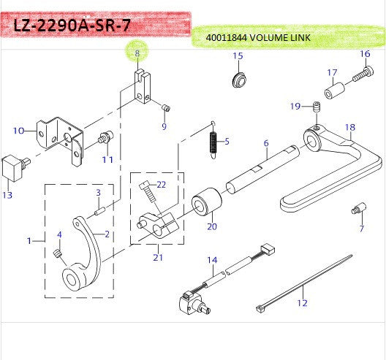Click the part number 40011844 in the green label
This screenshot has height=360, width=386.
pyautogui.click(x=225, y=37)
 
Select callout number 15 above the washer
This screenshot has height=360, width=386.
pyautogui.click(x=238, y=56)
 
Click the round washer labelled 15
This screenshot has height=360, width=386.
pyautogui.click(x=238, y=77)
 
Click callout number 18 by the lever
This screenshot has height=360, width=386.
pyautogui.click(x=350, y=127)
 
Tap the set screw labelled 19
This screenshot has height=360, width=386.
pyautogui.click(x=317, y=109)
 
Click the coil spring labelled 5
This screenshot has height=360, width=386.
pyautogui.click(x=213, y=140)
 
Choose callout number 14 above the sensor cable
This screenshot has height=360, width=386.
pyautogui.click(x=212, y=260)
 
